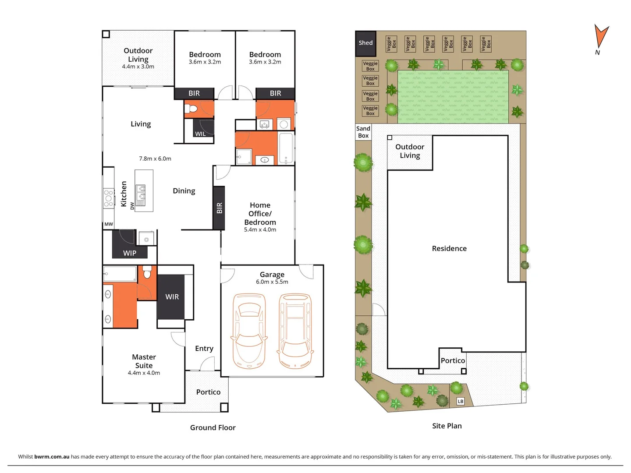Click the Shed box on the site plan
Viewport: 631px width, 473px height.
click(x=365, y=43)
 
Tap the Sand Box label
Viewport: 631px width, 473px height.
click(x=363, y=132)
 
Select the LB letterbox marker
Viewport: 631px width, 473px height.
click(x=461, y=401)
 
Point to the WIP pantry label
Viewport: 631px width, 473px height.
click(x=130, y=253)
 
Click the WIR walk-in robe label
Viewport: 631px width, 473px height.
click(x=172, y=297)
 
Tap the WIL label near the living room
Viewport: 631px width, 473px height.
click(x=200, y=134)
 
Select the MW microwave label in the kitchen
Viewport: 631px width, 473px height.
click(x=109, y=224)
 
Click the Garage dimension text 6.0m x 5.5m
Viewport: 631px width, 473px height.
click(x=272, y=282)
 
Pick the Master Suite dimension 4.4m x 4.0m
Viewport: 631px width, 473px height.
click(x=144, y=373)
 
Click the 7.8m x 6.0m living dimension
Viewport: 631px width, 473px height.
click(x=155, y=159)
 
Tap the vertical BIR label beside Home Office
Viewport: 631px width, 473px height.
click(x=219, y=208)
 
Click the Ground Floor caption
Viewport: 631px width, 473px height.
click(x=213, y=427)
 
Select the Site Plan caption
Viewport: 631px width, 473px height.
click(x=447, y=426)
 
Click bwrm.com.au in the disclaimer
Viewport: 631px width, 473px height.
click(x=52, y=456)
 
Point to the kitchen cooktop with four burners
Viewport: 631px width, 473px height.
click(x=108, y=198)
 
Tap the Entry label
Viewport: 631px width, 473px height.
click(x=204, y=349)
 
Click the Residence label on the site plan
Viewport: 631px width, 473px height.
click(x=449, y=248)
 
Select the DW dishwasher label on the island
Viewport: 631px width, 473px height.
click(x=132, y=206)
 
